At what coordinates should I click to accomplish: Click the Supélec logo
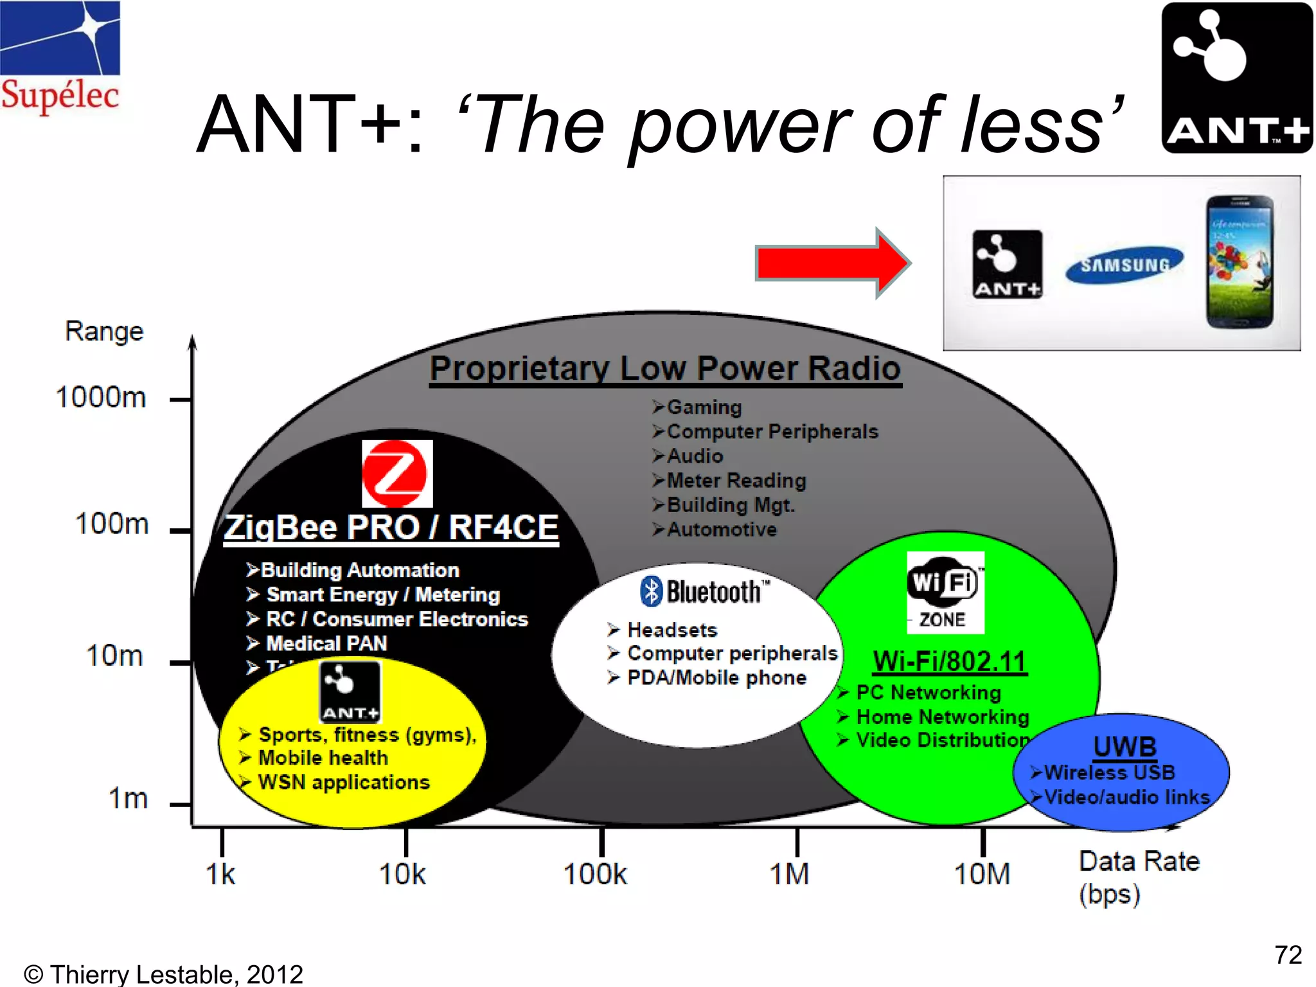(x=60, y=58)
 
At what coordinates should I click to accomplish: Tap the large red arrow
(x=832, y=263)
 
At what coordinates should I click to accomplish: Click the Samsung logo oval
(x=1125, y=264)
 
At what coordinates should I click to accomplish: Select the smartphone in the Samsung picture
(x=1239, y=262)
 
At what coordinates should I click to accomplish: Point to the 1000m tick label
(x=101, y=397)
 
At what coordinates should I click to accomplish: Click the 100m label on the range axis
(x=112, y=524)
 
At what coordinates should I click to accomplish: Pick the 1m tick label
(x=128, y=799)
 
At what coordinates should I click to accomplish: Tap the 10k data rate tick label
(x=402, y=875)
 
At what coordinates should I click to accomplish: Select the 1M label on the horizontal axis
(x=790, y=875)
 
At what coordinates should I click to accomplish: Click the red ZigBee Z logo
(x=396, y=474)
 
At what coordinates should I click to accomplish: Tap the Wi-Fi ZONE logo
(x=945, y=592)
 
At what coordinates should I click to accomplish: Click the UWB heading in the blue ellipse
(x=1125, y=747)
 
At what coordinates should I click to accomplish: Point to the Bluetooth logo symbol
(x=651, y=591)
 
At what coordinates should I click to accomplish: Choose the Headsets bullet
(x=671, y=630)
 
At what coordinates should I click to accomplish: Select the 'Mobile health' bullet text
(x=323, y=758)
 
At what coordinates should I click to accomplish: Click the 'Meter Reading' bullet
(x=736, y=481)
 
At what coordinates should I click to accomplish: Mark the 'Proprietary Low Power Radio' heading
(x=665, y=369)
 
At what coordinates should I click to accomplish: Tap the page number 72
(x=1288, y=955)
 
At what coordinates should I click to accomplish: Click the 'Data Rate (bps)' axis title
(x=1139, y=877)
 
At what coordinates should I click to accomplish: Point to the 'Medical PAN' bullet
(x=326, y=643)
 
